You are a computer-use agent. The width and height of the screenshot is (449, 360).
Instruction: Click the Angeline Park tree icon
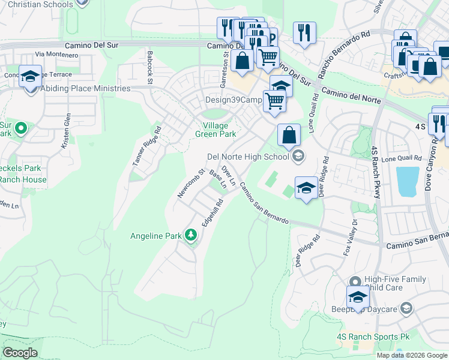191,235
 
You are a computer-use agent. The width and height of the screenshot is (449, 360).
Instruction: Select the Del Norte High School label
247,157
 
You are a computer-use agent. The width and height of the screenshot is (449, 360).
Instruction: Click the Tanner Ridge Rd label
147,146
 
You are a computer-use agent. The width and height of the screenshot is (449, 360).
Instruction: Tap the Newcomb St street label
191,183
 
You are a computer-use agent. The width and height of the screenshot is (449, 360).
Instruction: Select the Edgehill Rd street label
212,214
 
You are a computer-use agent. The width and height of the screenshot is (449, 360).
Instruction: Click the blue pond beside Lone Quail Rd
408,181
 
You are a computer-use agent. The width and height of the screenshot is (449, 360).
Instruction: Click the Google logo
20,353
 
